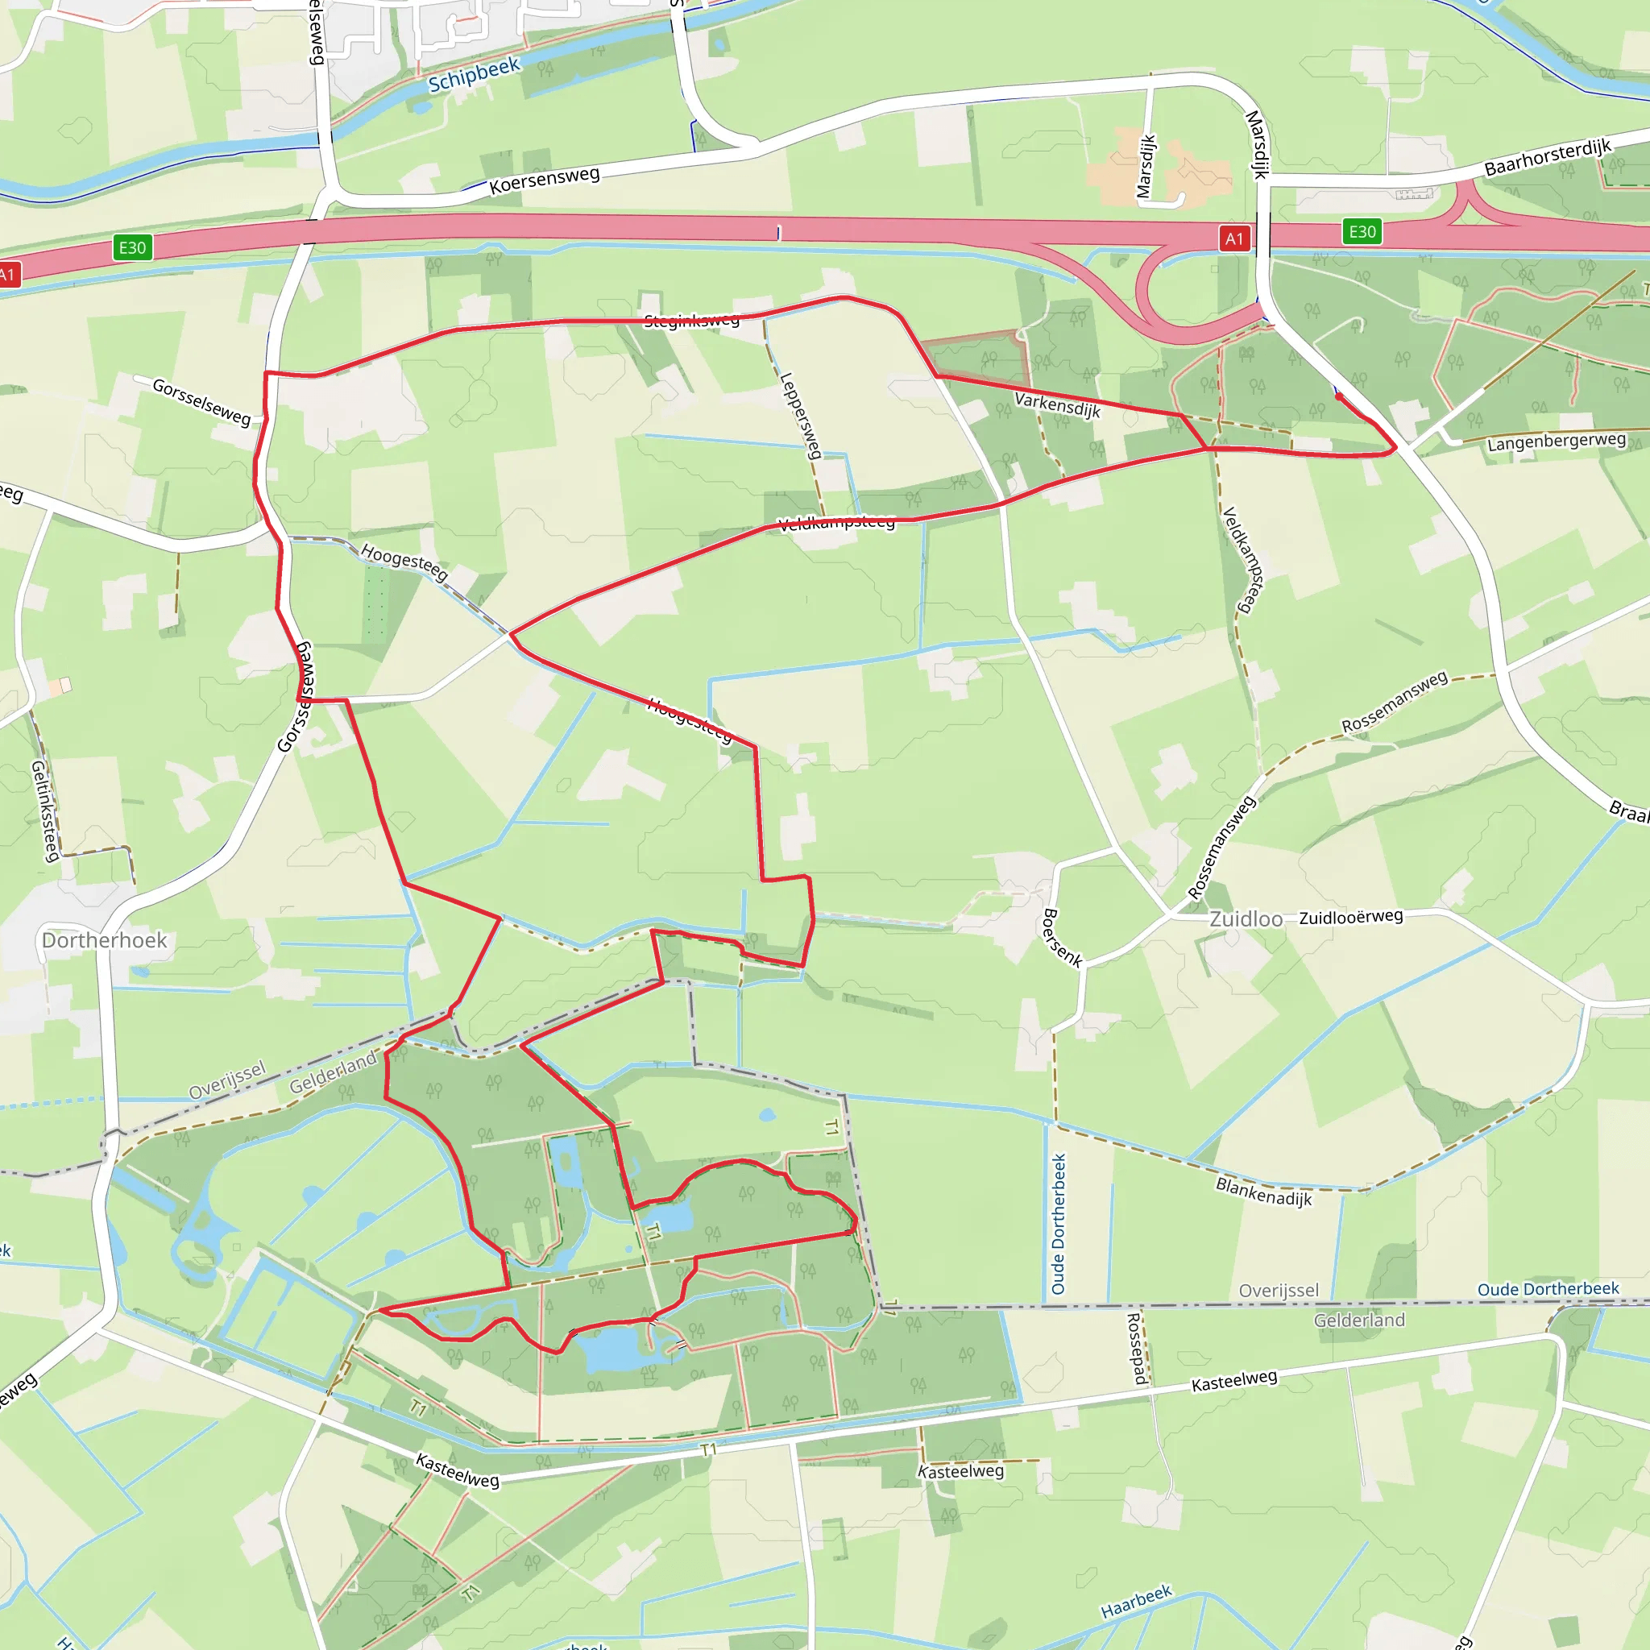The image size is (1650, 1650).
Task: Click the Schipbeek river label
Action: [474, 74]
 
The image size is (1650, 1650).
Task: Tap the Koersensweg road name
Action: [544, 180]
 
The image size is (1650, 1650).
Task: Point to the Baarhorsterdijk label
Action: [1548, 156]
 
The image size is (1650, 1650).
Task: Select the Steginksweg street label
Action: [692, 321]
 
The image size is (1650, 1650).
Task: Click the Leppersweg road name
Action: [801, 415]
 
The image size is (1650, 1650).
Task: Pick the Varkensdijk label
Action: [1057, 404]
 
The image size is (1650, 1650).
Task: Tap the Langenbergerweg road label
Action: [1556, 442]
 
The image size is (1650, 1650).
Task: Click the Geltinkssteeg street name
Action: [44, 810]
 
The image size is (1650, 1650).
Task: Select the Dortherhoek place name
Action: [104, 940]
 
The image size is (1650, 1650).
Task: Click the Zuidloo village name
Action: [1246, 919]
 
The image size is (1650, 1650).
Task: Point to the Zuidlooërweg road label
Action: [1351, 916]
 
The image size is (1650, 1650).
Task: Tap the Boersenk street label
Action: [1063, 938]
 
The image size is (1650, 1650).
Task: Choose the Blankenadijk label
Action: [1263, 1192]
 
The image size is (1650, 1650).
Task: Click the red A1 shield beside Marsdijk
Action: [1234, 239]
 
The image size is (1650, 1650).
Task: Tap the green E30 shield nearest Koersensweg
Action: [132, 247]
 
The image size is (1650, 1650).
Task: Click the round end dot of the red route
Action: [1337, 396]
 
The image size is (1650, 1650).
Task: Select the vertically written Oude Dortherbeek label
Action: [1059, 1224]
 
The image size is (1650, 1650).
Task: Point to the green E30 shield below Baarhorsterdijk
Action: [1362, 231]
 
